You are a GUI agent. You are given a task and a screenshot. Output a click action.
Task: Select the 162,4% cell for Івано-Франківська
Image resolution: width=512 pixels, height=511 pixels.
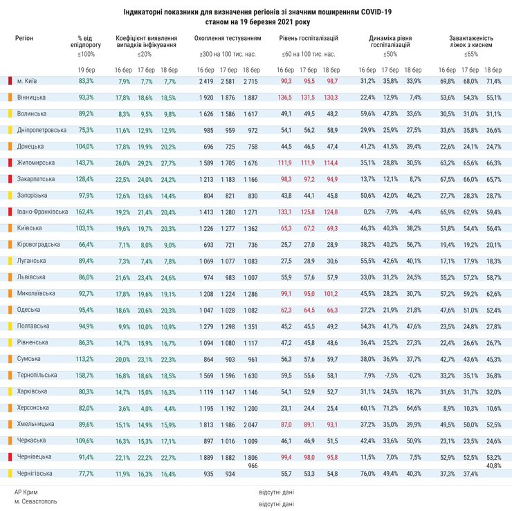86,212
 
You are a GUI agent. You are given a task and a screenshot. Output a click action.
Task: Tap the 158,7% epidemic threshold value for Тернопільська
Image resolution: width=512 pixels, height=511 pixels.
86,375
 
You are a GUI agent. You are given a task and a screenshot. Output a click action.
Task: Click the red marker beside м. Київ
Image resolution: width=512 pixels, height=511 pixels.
10,81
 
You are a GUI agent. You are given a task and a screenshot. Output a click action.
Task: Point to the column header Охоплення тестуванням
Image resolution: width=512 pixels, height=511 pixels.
228,38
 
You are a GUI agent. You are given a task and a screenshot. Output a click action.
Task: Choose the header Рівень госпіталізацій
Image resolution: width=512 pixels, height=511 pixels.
309,38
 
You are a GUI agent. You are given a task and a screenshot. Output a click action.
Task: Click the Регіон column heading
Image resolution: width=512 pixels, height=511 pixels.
24,38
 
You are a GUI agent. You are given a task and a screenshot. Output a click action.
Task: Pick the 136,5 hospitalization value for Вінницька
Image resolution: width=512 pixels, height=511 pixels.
284,97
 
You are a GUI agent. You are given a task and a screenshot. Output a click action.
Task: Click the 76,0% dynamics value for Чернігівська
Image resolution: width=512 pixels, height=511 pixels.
367,473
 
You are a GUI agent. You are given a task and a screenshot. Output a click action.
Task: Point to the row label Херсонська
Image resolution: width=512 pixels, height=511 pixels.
32,408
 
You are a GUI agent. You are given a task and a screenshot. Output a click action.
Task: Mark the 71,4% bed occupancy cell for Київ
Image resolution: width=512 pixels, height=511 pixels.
493,81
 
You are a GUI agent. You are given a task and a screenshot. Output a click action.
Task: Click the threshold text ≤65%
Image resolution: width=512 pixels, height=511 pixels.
471,54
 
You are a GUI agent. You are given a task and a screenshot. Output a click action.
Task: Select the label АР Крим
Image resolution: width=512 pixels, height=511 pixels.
26,492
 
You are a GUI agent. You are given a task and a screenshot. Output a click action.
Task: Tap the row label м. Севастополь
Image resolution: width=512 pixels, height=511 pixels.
35,501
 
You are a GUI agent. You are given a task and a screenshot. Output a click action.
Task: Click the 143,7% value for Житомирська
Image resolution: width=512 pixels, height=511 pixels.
86,162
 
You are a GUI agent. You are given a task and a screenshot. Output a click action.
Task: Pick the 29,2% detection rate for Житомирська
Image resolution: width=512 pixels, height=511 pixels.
145,162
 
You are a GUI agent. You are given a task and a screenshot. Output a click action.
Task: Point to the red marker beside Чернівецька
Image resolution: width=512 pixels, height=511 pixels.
10,457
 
